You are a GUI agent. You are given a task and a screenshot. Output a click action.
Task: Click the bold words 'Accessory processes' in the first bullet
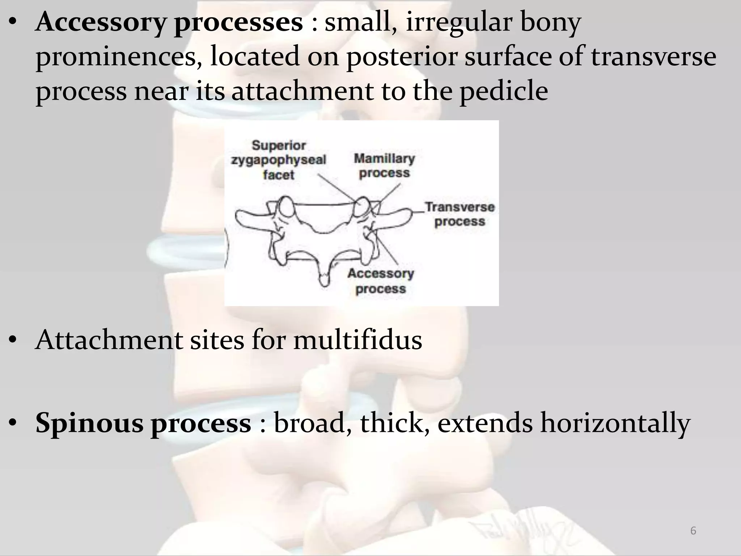click(x=169, y=22)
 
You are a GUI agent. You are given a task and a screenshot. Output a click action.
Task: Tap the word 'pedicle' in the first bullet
click(x=503, y=91)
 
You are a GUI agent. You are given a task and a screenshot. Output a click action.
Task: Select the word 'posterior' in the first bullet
click(x=402, y=57)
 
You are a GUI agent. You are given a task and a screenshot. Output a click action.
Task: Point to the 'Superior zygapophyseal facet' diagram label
click(x=279, y=160)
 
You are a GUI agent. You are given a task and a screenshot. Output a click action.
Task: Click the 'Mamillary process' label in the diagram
click(x=384, y=165)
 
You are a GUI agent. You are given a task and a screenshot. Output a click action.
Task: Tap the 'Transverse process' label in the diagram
click(x=460, y=214)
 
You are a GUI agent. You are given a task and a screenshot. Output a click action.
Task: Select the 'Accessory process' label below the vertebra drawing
click(x=381, y=281)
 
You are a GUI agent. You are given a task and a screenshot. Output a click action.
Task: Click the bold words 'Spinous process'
click(x=143, y=423)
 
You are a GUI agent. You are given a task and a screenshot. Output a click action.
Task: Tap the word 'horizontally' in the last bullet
click(x=615, y=423)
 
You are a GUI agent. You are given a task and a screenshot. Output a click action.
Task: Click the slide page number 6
click(x=693, y=531)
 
